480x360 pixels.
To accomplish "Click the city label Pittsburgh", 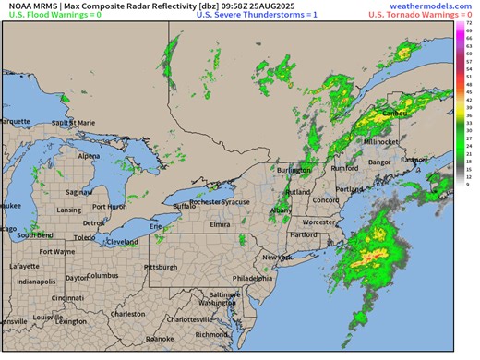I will pos(162,267).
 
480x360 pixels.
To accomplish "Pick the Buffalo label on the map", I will pos(186,207).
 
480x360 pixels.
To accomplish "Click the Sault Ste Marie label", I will pos(74,122).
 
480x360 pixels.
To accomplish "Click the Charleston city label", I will pos(128,314).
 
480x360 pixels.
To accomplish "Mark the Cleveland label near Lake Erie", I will pos(122,241).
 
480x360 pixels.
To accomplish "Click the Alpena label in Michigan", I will pos(90,156).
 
